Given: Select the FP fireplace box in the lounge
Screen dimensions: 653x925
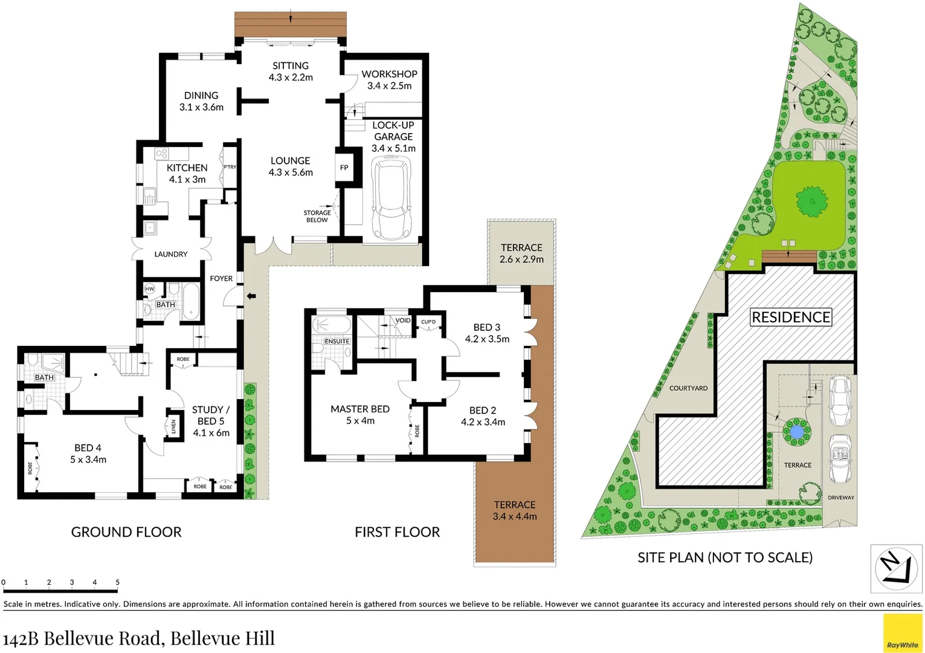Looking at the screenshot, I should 344,167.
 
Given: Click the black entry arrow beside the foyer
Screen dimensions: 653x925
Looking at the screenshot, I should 251,296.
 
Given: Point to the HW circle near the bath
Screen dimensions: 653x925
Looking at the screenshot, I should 149,289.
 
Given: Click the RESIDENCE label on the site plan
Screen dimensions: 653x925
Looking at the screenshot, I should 790,317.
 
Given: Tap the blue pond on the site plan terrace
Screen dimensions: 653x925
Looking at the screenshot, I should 796,432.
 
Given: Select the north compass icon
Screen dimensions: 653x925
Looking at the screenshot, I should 896,569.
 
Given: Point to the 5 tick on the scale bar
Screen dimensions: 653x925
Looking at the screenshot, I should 117,583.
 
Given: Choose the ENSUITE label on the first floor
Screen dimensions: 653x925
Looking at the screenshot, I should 337,341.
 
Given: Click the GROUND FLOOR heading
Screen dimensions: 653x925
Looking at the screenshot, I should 126,532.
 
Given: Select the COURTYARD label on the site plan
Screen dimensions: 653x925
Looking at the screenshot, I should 688,388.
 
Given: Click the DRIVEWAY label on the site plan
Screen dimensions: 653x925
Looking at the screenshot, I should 840,498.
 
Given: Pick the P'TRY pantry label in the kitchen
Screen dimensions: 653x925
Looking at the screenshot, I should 230,167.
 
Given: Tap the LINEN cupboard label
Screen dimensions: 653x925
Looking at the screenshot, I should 173,426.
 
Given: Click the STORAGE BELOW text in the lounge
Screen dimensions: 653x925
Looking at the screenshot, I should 317,216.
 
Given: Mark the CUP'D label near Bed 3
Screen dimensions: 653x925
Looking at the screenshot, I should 428,322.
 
